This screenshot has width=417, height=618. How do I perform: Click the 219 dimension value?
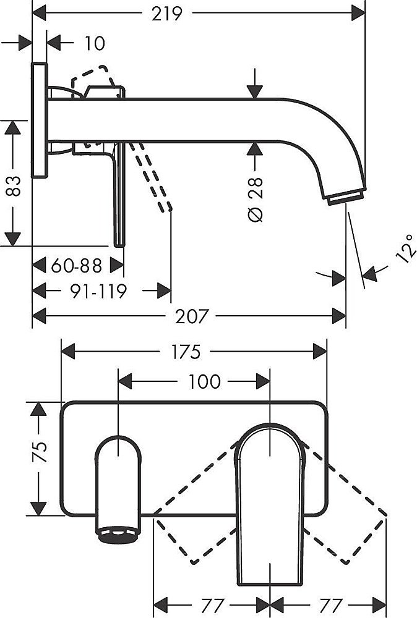click(x=167, y=14)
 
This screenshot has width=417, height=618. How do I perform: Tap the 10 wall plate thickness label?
click(x=95, y=43)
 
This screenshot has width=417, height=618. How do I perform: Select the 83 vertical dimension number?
click(x=14, y=187)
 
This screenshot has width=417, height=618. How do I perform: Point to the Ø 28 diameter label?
click(x=256, y=199)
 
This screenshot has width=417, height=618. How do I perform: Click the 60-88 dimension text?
click(x=77, y=265)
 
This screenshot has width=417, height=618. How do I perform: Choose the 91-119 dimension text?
click(x=98, y=291)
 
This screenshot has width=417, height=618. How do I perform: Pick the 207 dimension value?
click(x=192, y=316)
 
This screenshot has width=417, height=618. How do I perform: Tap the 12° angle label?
click(x=406, y=248)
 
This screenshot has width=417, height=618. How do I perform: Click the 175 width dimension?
click(x=186, y=352)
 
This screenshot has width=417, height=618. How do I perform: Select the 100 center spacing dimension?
click(x=205, y=381)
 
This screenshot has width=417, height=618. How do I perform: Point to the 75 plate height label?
click(x=40, y=452)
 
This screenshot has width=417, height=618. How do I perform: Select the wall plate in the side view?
click(x=40, y=120)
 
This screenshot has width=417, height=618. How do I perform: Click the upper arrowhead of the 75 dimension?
click(x=38, y=409)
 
